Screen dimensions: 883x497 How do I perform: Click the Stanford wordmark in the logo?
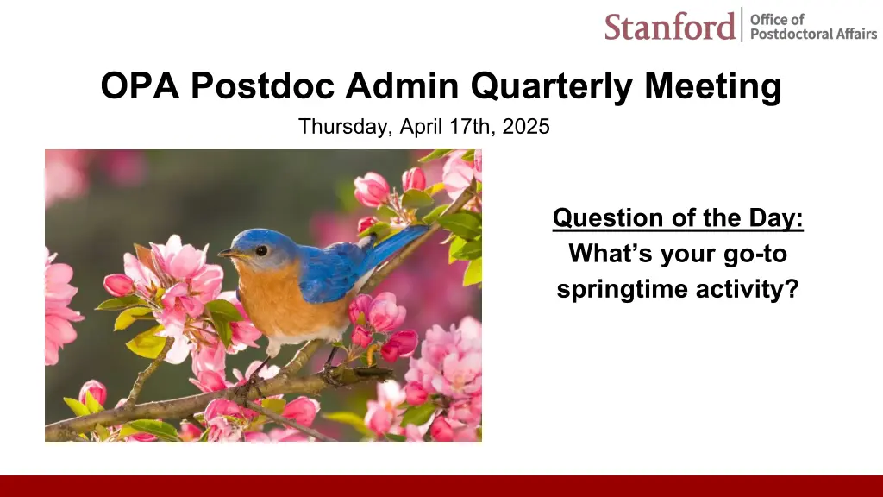(x=669, y=26)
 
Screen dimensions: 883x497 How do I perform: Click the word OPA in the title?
(x=140, y=85)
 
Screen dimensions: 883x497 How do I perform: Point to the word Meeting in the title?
(x=713, y=87)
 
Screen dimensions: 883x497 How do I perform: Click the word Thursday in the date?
(x=345, y=127)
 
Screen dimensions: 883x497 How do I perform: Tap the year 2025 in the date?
(x=526, y=126)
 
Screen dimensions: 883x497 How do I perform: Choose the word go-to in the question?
(x=755, y=255)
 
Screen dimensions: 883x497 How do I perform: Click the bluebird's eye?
(x=260, y=250)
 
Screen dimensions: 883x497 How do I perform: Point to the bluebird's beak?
(x=229, y=255)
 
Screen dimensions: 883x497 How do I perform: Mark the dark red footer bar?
(x=441, y=486)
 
